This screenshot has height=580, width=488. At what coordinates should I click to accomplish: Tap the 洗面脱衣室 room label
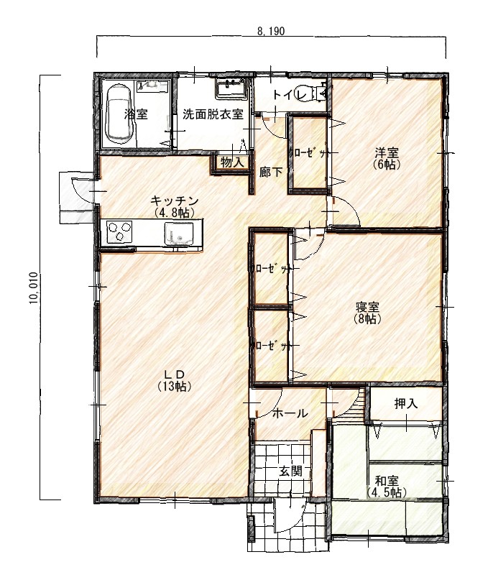point(213,114)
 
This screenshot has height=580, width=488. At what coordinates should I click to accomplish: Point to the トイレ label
point(290,95)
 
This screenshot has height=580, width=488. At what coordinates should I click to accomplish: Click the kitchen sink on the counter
point(179,234)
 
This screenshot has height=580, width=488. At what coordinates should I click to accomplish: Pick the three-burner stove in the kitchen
point(119,231)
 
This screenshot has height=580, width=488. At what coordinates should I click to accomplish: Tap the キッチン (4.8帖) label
point(174,206)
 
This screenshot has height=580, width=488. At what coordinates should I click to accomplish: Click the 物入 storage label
point(232,162)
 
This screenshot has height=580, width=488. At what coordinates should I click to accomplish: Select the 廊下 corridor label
point(270,172)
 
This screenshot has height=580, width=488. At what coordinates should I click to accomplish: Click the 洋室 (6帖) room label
point(387,158)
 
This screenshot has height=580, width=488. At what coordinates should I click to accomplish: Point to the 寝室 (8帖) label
point(367,313)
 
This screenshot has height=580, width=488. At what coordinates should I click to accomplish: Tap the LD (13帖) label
point(174,380)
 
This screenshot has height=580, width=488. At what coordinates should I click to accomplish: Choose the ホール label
point(290,413)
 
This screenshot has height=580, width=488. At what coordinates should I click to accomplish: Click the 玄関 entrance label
point(290,471)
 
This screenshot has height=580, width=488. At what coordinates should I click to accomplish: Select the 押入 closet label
point(406,404)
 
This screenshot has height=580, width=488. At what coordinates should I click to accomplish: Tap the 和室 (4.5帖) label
point(387,487)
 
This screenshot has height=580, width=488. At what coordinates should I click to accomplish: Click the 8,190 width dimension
point(271,31)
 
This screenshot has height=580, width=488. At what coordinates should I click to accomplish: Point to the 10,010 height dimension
point(34,287)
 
